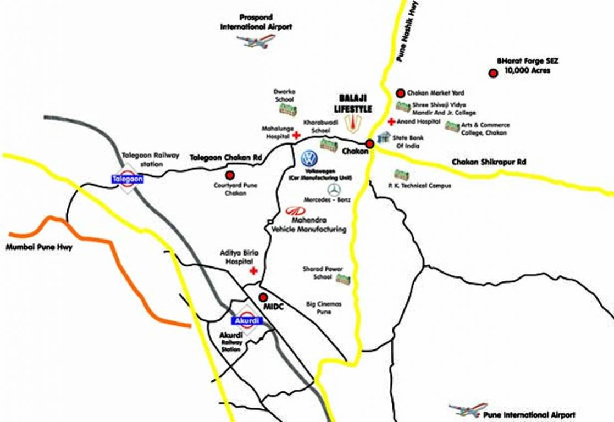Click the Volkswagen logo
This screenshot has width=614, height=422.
pos(309,159)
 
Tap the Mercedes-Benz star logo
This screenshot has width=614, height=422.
pos(334,190)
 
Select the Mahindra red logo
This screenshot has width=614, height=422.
pos(295,211)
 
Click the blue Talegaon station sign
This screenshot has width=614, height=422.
pos(128,179)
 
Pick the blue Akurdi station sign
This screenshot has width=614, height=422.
pos(246,320)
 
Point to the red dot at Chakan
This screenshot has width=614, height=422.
pos(370,144)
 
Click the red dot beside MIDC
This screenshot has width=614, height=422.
pos(263,297)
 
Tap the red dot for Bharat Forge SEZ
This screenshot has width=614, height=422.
pos(493,73)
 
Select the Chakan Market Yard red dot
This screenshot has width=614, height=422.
pos(401,93)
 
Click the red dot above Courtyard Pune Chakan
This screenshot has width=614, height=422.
pos(230,175)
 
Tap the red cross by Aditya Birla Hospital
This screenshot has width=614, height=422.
pos(253,271)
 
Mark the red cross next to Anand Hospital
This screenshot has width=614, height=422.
pos(391,121)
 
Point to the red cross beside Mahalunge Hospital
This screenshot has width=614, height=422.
pos(296,135)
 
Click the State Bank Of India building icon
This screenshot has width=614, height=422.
pos(384,137)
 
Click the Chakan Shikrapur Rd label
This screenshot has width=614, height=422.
pos(489,163)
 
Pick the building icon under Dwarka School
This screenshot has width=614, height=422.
pos(287,110)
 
